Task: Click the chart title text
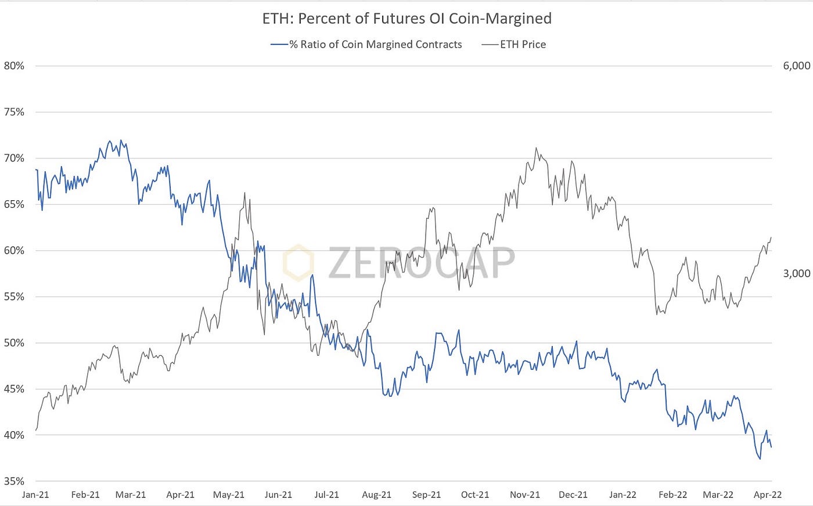[406, 19]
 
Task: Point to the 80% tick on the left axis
[15, 66]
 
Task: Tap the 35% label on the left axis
[15, 481]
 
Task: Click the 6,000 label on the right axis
[796, 66]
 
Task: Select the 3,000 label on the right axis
[796, 273]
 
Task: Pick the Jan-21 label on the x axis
[35, 495]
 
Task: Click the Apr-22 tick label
[767, 495]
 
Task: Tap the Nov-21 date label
[525, 495]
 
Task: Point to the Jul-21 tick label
[326, 495]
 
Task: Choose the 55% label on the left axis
[15, 297]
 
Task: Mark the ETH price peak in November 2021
[536, 148]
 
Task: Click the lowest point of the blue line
[760, 459]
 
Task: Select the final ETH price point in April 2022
[771, 237]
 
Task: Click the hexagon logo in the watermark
[298, 263]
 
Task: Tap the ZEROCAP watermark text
[421, 263]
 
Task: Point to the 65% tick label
[15, 204]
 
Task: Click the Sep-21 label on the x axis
[426, 495]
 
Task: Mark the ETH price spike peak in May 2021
[244, 193]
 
